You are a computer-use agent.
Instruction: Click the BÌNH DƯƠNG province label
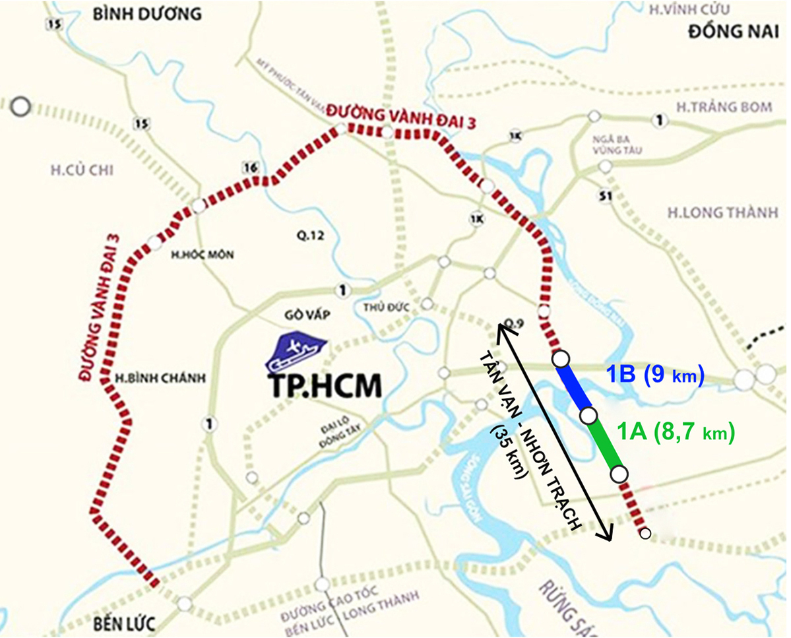137,13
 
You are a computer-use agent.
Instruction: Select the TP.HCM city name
326,386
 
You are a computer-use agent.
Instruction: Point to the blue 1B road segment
575,387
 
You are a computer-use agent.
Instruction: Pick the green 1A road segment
604,445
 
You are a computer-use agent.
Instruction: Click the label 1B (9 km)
655,375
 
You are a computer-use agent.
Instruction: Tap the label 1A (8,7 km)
675,433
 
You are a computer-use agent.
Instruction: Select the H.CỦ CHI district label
82,171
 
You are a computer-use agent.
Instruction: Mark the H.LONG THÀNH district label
713,212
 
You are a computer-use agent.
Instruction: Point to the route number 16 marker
250,168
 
